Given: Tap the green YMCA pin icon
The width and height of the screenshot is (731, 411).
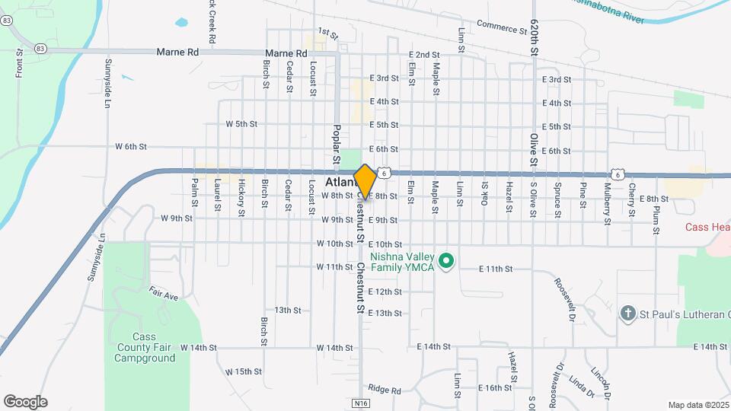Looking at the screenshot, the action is tap(448, 263).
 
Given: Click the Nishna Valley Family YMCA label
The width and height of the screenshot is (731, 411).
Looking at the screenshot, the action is tap(401, 262).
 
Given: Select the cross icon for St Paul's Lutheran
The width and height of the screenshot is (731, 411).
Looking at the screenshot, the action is tap(627, 313).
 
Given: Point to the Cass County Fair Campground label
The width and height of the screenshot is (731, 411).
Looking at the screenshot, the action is tap(143, 347).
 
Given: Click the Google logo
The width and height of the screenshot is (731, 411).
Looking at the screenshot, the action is tap(25, 402).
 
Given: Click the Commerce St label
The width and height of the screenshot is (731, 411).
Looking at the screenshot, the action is tap(502, 27).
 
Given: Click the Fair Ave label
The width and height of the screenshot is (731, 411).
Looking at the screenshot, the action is tap(163, 294).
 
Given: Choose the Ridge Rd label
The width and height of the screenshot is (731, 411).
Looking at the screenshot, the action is tap(384, 390).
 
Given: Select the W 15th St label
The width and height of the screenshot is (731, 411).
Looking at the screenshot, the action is tap(244, 371).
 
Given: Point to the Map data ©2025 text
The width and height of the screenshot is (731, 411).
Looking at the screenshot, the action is tap(697, 405).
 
